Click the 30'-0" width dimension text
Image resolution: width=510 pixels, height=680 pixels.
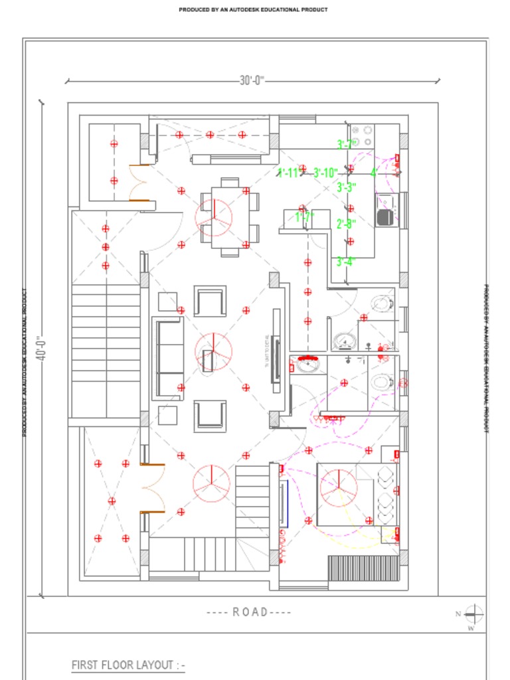(x=252, y=80)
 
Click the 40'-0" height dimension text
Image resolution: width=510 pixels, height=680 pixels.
(x=41, y=346)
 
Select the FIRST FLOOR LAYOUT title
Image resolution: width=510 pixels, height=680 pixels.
(x=128, y=665)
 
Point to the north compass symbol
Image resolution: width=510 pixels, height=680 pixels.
(x=473, y=614)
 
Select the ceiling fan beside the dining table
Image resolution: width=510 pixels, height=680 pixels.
(x=214, y=214)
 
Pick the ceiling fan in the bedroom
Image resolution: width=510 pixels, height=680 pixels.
(x=339, y=488)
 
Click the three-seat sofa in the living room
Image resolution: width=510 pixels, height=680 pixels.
(x=168, y=359)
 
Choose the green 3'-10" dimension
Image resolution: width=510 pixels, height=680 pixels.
(x=326, y=173)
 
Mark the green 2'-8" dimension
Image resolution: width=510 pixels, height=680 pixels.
(x=346, y=224)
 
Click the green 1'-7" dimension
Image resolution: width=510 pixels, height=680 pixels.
(x=304, y=216)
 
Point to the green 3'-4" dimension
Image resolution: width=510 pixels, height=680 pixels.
(x=346, y=262)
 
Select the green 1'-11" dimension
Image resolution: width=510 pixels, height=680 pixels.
(x=290, y=173)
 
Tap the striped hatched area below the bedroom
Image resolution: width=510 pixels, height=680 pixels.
(x=363, y=568)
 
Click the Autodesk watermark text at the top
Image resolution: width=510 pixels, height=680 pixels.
(x=253, y=10)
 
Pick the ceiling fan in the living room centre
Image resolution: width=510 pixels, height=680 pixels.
(x=213, y=352)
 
